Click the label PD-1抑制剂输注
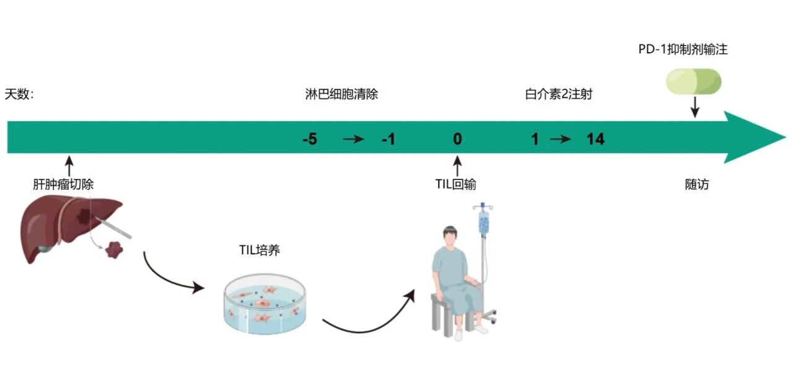683,50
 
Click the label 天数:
19,95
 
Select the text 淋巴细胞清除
341,95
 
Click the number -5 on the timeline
310,140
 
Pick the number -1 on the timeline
388,140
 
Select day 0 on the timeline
457,140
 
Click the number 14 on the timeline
595,140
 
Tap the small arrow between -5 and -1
354,140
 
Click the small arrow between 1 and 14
561,140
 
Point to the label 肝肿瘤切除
63,184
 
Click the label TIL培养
263,251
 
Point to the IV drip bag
483,221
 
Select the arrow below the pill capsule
695,107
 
